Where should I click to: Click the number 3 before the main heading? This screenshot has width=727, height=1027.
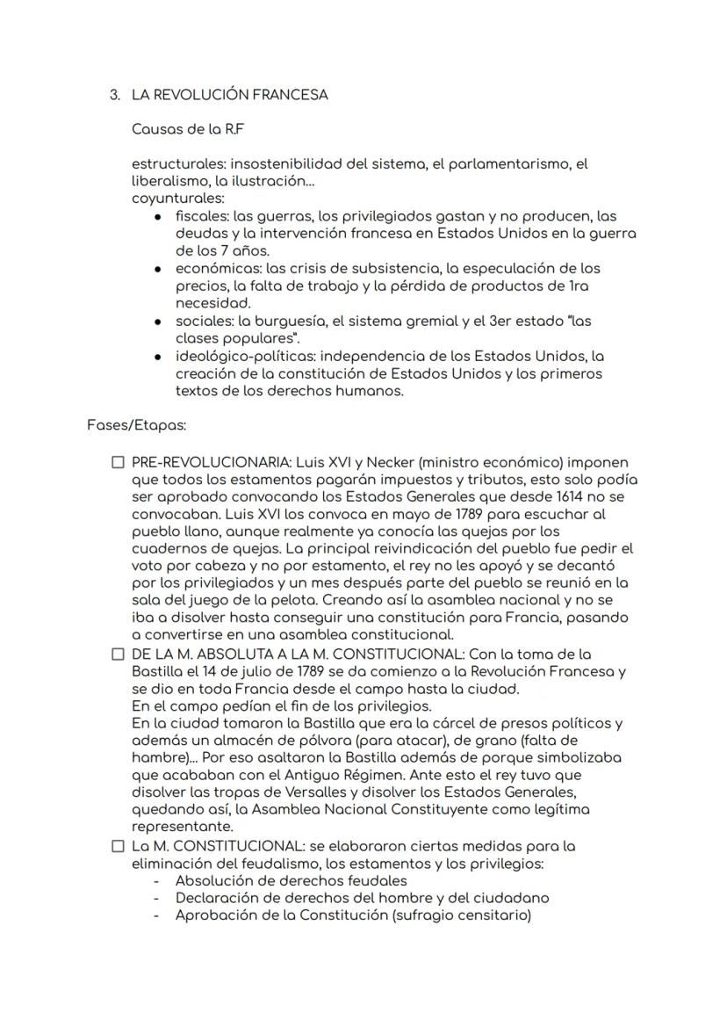[114, 95]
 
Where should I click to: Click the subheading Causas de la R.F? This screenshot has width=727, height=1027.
[187, 129]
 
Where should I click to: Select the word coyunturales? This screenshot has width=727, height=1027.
[165, 198]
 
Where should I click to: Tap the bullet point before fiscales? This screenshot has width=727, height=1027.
[157, 215]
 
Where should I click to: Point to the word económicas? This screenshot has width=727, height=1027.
[213, 268]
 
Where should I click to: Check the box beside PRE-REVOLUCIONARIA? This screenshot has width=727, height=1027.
[118, 462]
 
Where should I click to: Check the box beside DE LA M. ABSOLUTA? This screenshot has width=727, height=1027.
[118, 655]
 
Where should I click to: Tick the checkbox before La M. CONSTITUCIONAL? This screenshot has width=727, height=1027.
[118, 847]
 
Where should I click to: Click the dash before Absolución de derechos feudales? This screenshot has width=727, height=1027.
[157, 880]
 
